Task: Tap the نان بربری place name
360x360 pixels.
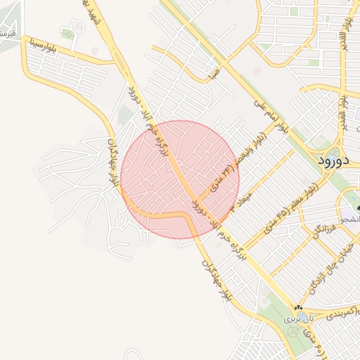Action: (x=292, y=319)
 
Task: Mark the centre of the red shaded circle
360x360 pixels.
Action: (x=180, y=180)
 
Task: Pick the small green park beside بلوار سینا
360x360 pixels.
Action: (x=67, y=33)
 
